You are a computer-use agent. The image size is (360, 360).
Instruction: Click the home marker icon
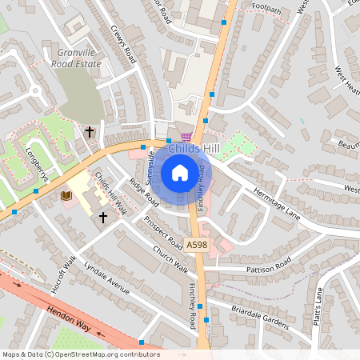click(180, 172)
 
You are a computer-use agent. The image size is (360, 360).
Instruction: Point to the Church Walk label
click(170, 257)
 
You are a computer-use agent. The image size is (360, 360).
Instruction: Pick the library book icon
click(66, 195)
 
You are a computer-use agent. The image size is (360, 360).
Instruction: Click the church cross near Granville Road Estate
click(90, 131)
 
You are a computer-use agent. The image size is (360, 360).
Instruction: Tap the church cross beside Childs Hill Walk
click(102, 216)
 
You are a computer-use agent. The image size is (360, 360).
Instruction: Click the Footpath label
click(266, 6)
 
